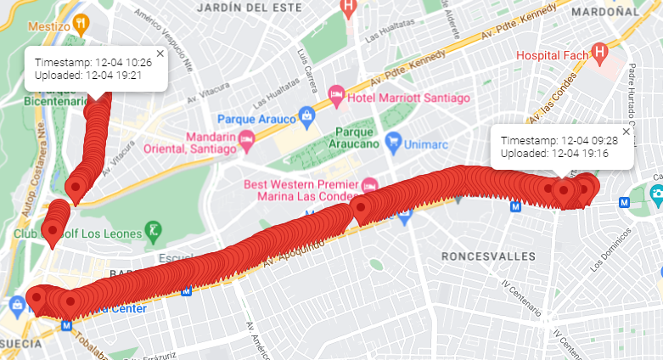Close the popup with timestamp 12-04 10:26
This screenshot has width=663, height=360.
(160, 53)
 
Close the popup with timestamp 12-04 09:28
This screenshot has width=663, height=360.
(626, 131)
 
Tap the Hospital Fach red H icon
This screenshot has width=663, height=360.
(599, 55)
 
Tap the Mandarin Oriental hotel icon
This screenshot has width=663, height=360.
(247, 138)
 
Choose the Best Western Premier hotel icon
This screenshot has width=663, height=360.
(369, 185)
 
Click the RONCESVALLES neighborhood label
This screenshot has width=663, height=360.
(488, 256)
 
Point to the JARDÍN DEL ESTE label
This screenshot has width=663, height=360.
(242, 8)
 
